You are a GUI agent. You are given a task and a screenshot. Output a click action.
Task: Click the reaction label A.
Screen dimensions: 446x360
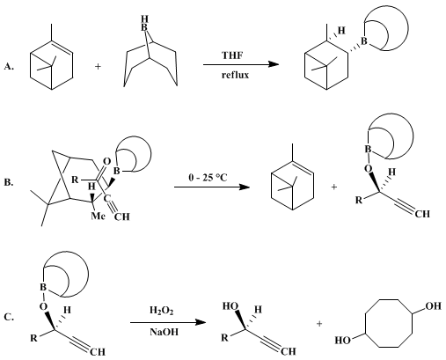9,67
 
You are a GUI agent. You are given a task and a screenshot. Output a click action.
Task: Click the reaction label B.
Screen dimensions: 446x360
9,182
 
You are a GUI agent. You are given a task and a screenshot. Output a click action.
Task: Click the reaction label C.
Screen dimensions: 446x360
9,317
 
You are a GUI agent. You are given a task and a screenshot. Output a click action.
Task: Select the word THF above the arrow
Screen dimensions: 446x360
232,55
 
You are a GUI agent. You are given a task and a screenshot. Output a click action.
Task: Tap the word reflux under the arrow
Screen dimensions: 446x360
235,75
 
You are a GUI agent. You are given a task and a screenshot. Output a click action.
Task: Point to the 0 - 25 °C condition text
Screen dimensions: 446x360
208,178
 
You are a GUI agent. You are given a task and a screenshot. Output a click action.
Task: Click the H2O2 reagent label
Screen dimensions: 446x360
162,311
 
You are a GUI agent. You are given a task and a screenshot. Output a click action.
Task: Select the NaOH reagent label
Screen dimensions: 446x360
165,332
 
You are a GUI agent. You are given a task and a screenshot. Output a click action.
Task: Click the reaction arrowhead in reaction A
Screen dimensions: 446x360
274,64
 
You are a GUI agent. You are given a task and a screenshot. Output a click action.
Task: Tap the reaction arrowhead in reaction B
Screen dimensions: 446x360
245,187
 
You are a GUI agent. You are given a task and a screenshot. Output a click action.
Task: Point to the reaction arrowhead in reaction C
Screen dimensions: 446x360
201,322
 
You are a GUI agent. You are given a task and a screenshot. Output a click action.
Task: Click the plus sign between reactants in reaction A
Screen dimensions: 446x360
98,67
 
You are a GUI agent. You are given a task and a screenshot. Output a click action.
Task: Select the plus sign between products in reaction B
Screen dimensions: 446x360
334,187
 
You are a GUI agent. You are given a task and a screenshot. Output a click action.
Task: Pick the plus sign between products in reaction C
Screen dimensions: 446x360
319,324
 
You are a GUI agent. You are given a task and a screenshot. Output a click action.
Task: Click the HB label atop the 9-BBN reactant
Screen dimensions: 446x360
144,24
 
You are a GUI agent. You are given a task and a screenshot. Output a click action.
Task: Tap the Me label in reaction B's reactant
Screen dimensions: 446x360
98,217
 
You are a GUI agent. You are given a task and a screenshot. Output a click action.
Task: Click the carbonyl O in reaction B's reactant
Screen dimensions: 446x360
107,162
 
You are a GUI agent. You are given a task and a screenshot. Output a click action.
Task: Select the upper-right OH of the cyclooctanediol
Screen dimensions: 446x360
434,306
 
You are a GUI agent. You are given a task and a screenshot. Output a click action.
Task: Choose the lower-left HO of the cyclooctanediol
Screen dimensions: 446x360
343,341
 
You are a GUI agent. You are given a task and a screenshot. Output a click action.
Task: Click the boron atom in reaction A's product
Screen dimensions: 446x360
364,41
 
